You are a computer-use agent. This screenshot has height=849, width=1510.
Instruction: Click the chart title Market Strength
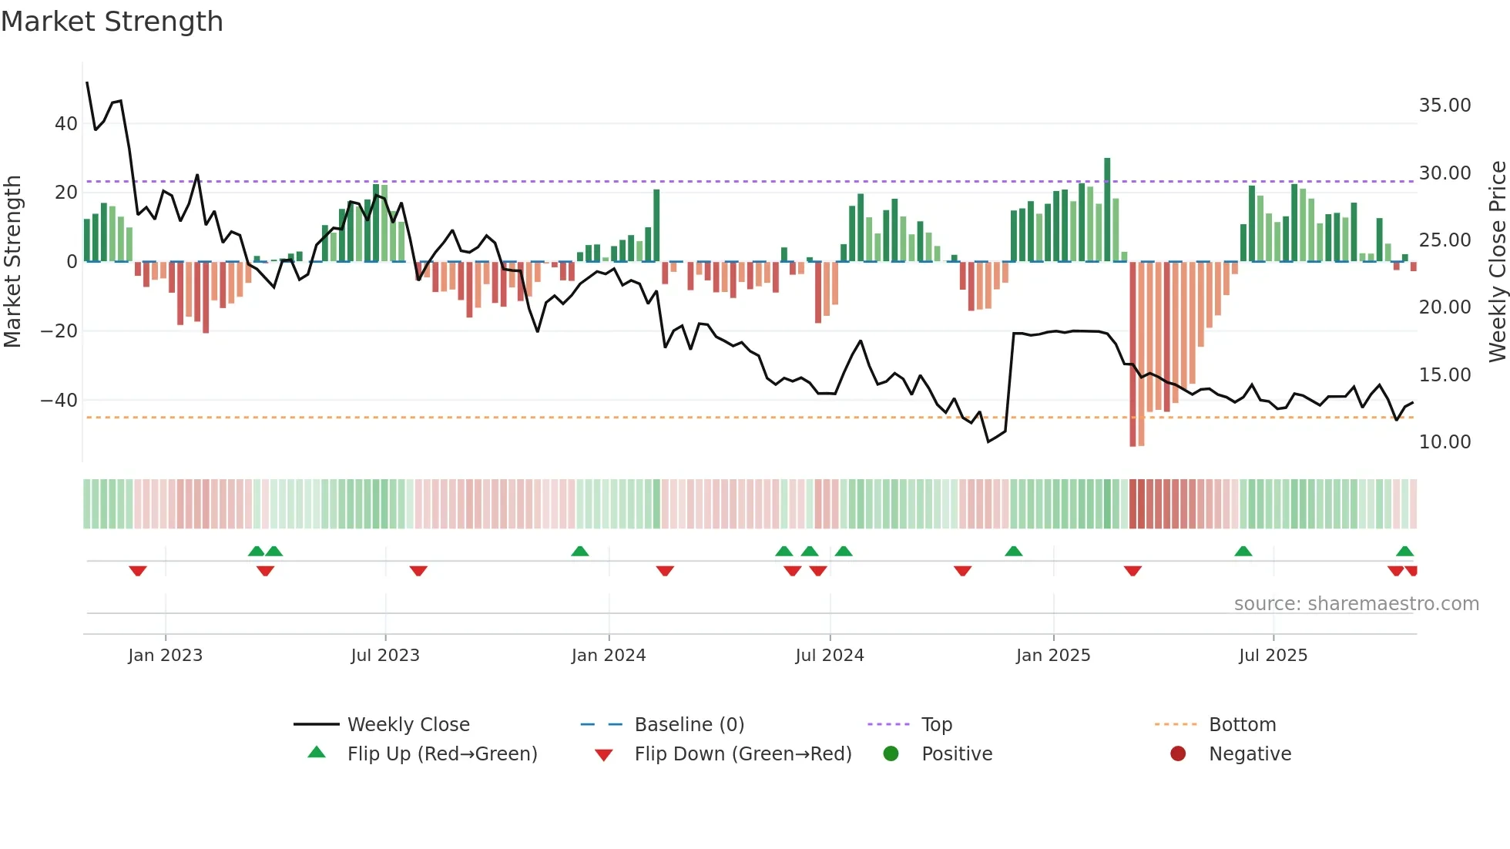[112, 22]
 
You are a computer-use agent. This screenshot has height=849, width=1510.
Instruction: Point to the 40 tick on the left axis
[66, 124]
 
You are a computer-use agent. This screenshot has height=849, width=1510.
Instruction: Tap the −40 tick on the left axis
[59, 401]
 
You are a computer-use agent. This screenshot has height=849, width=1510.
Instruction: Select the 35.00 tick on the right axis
[1445, 106]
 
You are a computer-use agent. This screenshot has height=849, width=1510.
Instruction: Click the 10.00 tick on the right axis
[1445, 442]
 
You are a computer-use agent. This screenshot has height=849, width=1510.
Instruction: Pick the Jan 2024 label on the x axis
[608, 656]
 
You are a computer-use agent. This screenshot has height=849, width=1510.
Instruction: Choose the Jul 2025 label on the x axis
[1273, 656]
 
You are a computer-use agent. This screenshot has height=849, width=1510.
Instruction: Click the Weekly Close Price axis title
[1497, 261]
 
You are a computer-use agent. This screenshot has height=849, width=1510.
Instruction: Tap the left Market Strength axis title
[12, 261]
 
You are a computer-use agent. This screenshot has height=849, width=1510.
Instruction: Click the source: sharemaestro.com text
[1356, 604]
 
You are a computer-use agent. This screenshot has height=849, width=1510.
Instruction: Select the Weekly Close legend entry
[408, 725]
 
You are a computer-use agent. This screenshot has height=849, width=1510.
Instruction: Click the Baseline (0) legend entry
[689, 725]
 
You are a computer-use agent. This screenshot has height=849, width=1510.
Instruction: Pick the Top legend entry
[936, 725]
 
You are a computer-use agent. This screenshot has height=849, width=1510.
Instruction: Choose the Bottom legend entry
[1242, 725]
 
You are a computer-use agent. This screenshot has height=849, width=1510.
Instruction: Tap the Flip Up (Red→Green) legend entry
[441, 754]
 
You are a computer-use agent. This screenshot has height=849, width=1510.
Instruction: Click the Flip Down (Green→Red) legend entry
[743, 754]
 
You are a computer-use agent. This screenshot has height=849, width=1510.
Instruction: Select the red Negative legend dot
[1177, 754]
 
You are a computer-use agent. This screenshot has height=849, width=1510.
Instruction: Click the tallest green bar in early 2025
[1107, 208]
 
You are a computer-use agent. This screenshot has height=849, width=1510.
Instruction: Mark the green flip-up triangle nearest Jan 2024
[580, 551]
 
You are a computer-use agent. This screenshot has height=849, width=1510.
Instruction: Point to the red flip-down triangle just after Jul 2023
[418, 571]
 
